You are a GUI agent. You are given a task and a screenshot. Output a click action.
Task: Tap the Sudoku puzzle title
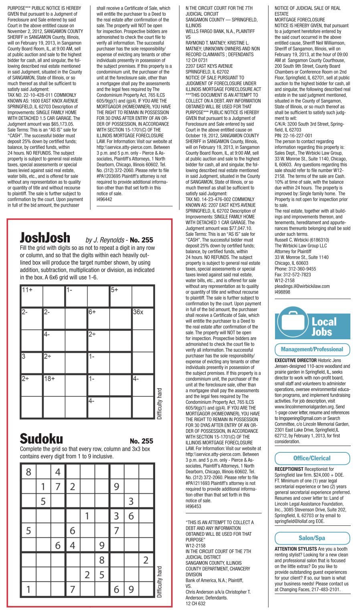coord(41,438)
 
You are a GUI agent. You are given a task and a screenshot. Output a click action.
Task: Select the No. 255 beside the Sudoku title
coord(141,441)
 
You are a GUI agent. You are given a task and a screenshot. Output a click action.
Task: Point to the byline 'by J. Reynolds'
coord(105,240)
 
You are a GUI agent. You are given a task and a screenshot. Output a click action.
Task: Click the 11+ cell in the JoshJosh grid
coord(31,296)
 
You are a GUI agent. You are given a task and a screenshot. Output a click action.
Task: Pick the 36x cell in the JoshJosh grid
coord(143,318)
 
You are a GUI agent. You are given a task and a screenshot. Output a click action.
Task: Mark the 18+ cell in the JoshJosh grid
coord(54,385)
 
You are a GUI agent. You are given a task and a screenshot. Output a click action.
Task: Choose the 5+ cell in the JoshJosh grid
coord(121,296)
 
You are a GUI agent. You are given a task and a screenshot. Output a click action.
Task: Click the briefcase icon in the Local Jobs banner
coord(292,323)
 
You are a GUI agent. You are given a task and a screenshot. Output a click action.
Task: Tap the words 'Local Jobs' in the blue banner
coord(324,326)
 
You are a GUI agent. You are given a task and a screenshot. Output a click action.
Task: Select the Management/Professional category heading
coord(312,349)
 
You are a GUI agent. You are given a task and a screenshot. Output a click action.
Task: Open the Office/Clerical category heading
coord(312,458)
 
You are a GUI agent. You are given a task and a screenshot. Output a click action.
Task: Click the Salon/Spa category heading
coord(312,538)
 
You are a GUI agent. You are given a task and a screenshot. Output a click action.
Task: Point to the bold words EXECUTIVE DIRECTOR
coord(295,360)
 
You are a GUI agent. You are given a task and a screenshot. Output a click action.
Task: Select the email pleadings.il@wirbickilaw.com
coord(302,286)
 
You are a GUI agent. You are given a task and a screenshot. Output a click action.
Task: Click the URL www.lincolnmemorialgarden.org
coord(305,406)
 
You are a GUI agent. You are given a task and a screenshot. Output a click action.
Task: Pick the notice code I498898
coord(282,292)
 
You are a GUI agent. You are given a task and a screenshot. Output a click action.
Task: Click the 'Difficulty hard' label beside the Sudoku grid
coord(160,582)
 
